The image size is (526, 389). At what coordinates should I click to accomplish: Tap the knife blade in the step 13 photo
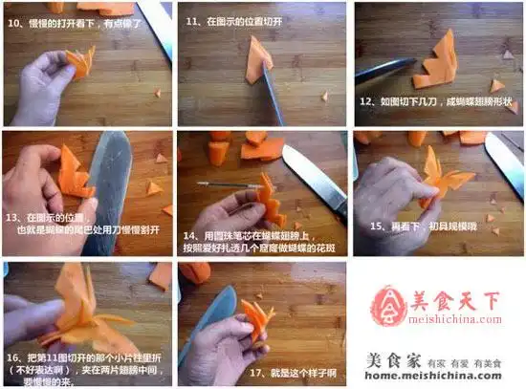[110, 191]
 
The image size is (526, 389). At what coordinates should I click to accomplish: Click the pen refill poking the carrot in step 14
[224, 184]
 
